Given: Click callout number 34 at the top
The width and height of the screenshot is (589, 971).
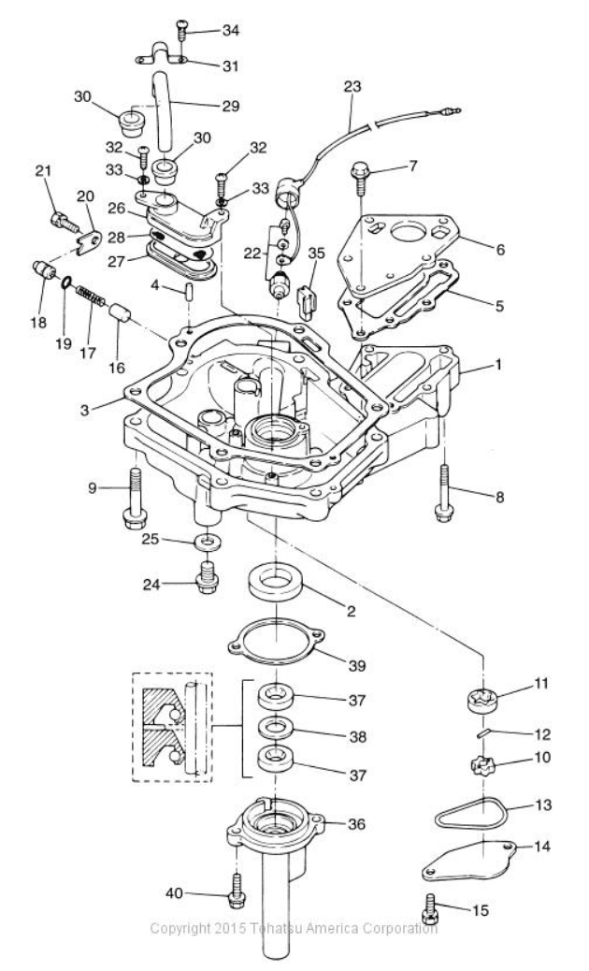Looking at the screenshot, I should [230, 30].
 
